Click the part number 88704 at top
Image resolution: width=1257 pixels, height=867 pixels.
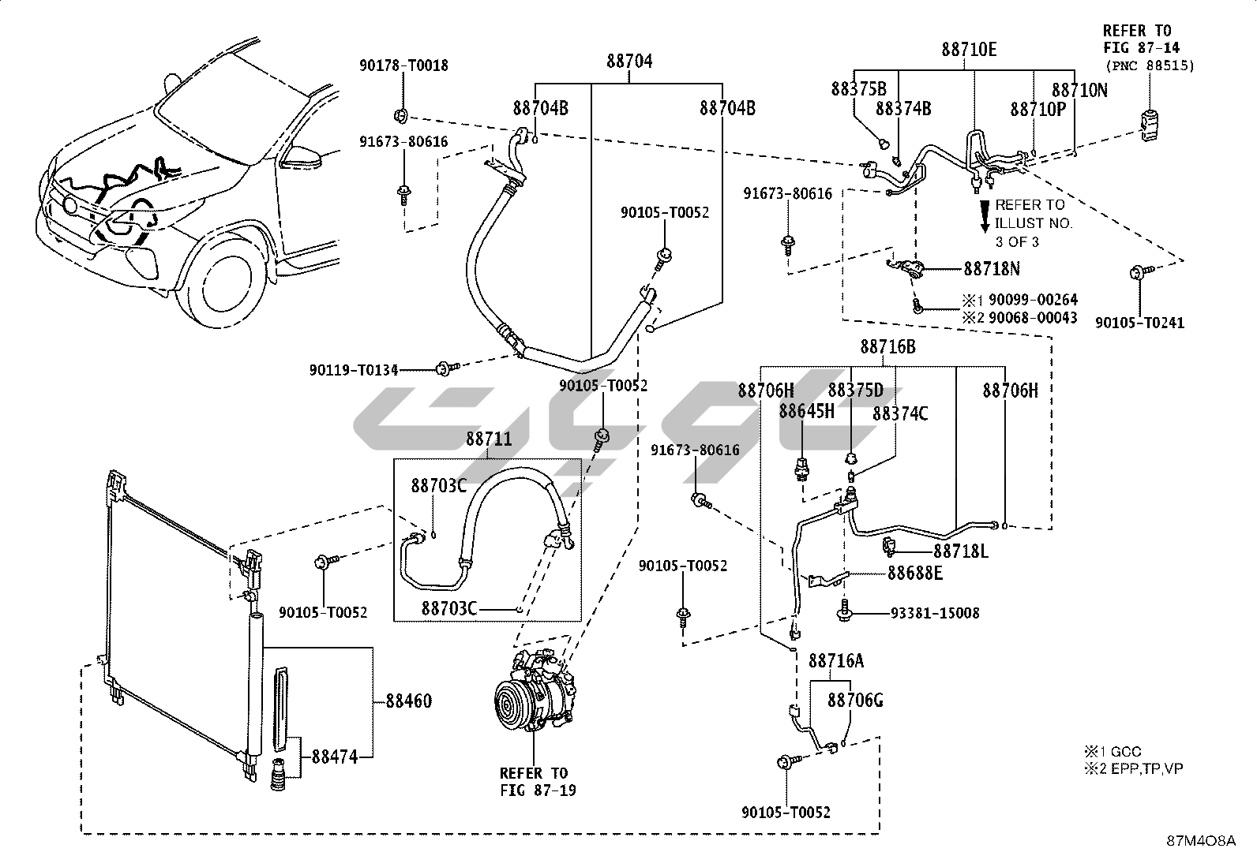[x=629, y=61]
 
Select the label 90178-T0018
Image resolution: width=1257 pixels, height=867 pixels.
[x=403, y=65]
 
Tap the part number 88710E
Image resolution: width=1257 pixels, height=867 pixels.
[x=969, y=50]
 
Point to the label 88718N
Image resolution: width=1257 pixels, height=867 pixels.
[x=991, y=269]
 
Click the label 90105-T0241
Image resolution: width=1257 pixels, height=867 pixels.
[x=1139, y=322]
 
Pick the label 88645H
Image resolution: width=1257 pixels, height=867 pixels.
[x=805, y=411]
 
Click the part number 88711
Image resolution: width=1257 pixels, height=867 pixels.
[x=488, y=439]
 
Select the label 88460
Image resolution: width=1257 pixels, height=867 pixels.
[x=409, y=701]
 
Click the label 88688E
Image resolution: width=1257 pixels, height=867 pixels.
[x=914, y=574]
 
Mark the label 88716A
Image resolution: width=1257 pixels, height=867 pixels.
[x=836, y=660]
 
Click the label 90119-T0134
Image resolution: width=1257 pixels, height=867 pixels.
[x=354, y=369]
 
